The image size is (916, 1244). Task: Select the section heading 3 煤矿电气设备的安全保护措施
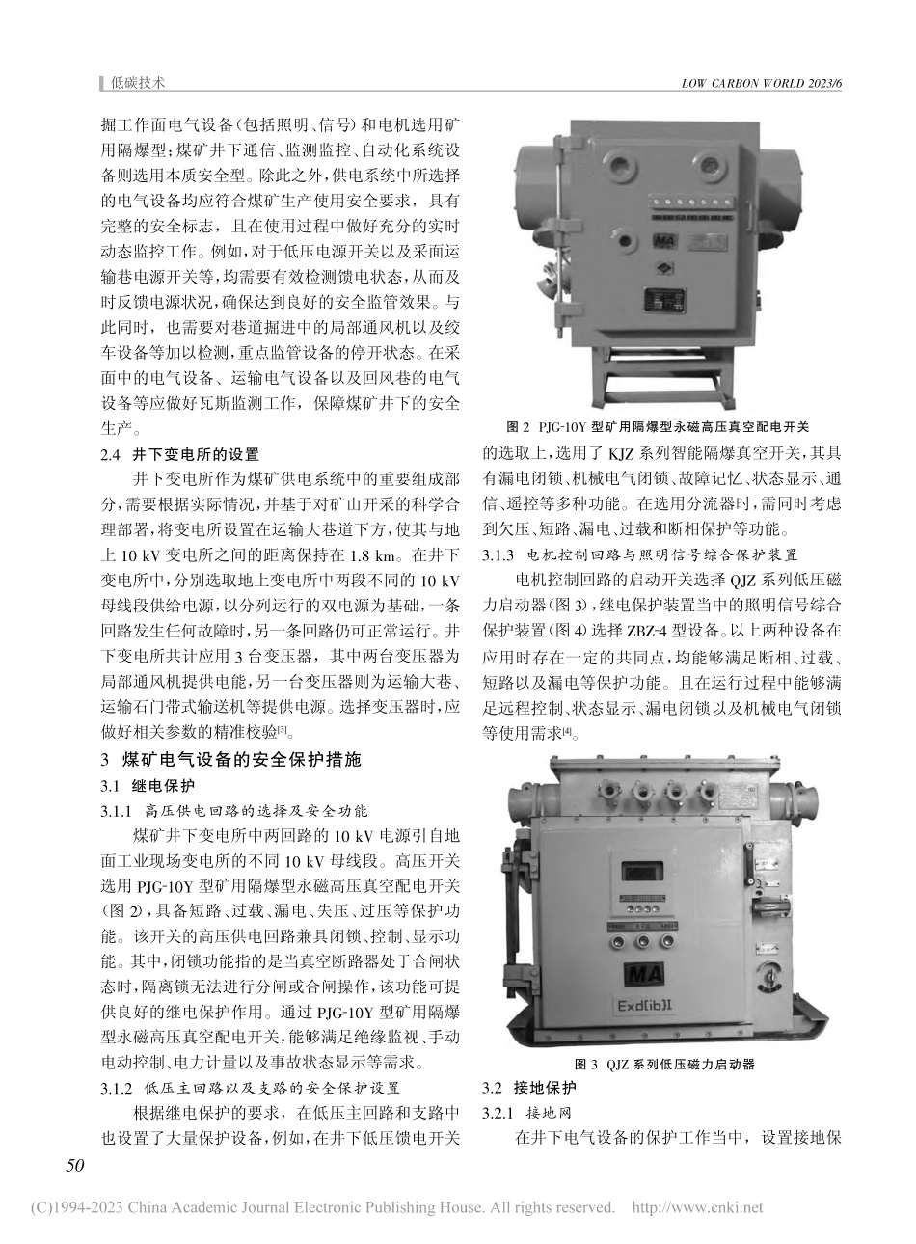coord(237,759)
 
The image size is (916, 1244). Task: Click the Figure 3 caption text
coord(663,1065)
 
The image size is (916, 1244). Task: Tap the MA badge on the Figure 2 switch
coord(664,237)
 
